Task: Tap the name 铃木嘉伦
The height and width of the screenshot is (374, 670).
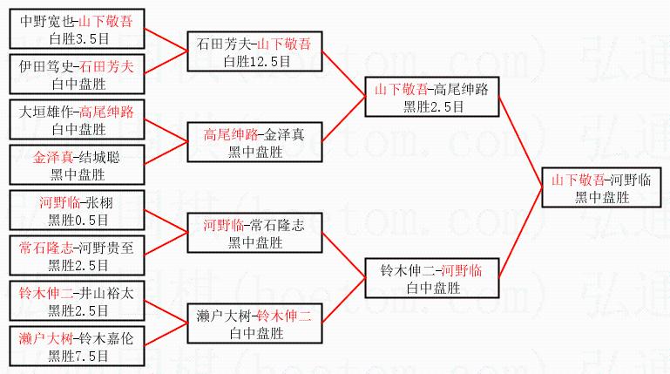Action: point(108,338)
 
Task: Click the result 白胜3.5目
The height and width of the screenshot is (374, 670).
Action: point(78,37)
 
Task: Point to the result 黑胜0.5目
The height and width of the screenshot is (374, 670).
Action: point(78,219)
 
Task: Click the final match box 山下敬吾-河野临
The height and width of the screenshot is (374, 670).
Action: point(601,187)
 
